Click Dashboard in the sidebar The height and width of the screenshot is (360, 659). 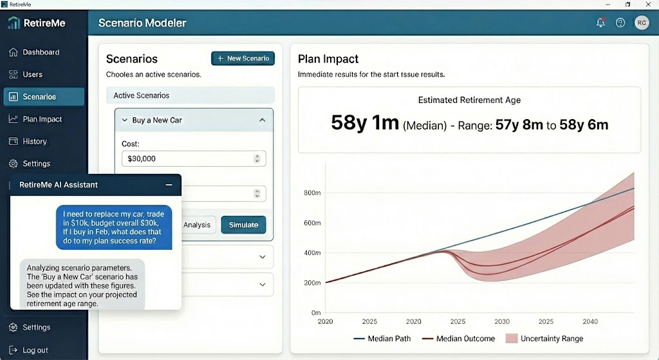pyautogui.click(x=41, y=52)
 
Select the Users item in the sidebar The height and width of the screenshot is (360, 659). pyautogui.click(x=32, y=75)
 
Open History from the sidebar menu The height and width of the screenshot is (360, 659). pyautogui.click(x=34, y=142)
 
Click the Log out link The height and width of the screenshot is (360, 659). pyautogui.click(x=35, y=350)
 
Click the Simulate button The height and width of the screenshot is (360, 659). pyautogui.click(x=243, y=225)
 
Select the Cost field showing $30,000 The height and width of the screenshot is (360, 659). pyautogui.click(x=193, y=158)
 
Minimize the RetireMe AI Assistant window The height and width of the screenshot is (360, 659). pyautogui.click(x=169, y=185)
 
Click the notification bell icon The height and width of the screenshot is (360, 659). pyautogui.click(x=600, y=23)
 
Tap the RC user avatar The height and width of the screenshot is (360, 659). pyautogui.click(x=641, y=23)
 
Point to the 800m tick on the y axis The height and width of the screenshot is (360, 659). pyautogui.click(x=311, y=193)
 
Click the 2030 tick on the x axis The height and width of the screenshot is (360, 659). pyautogui.click(x=502, y=321)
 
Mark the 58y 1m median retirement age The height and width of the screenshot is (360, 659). pyautogui.click(x=365, y=122)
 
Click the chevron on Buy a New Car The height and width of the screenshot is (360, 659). pyautogui.click(x=262, y=120)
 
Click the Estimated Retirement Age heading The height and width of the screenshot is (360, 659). pyautogui.click(x=469, y=100)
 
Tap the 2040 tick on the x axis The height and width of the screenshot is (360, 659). pyautogui.click(x=590, y=321)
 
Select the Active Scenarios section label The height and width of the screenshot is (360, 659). pyautogui.click(x=141, y=95)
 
